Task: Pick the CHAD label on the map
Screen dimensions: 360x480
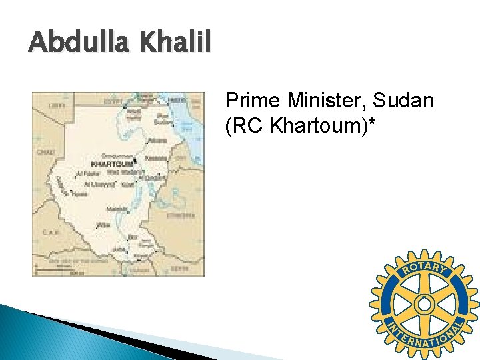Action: (46, 152)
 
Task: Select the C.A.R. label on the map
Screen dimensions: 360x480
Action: (52, 233)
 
